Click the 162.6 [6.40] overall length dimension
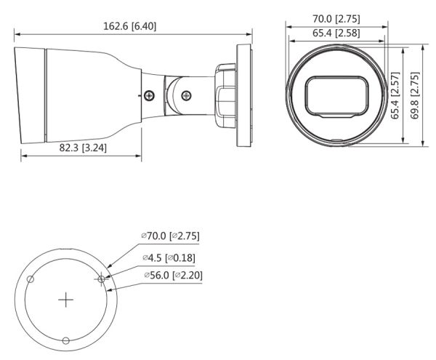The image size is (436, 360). pyautogui.click(x=130, y=27)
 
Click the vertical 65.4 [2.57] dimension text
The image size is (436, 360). pyautogui.click(x=395, y=95)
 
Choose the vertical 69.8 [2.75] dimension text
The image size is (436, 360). pyautogui.click(x=415, y=95)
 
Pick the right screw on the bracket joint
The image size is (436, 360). pyautogui.click(x=186, y=95)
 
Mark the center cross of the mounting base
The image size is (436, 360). pyautogui.click(x=66, y=299)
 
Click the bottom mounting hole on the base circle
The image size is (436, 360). pyautogui.click(x=66, y=341)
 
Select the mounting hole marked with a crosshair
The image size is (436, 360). pyautogui.click(x=102, y=278)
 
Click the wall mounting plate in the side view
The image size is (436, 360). pyautogui.click(x=244, y=95)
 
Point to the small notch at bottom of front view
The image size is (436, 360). pyautogui.click(x=336, y=139)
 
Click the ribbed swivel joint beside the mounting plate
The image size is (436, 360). pyautogui.click(x=225, y=95)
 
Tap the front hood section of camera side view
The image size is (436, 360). pyautogui.click(x=31, y=95)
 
